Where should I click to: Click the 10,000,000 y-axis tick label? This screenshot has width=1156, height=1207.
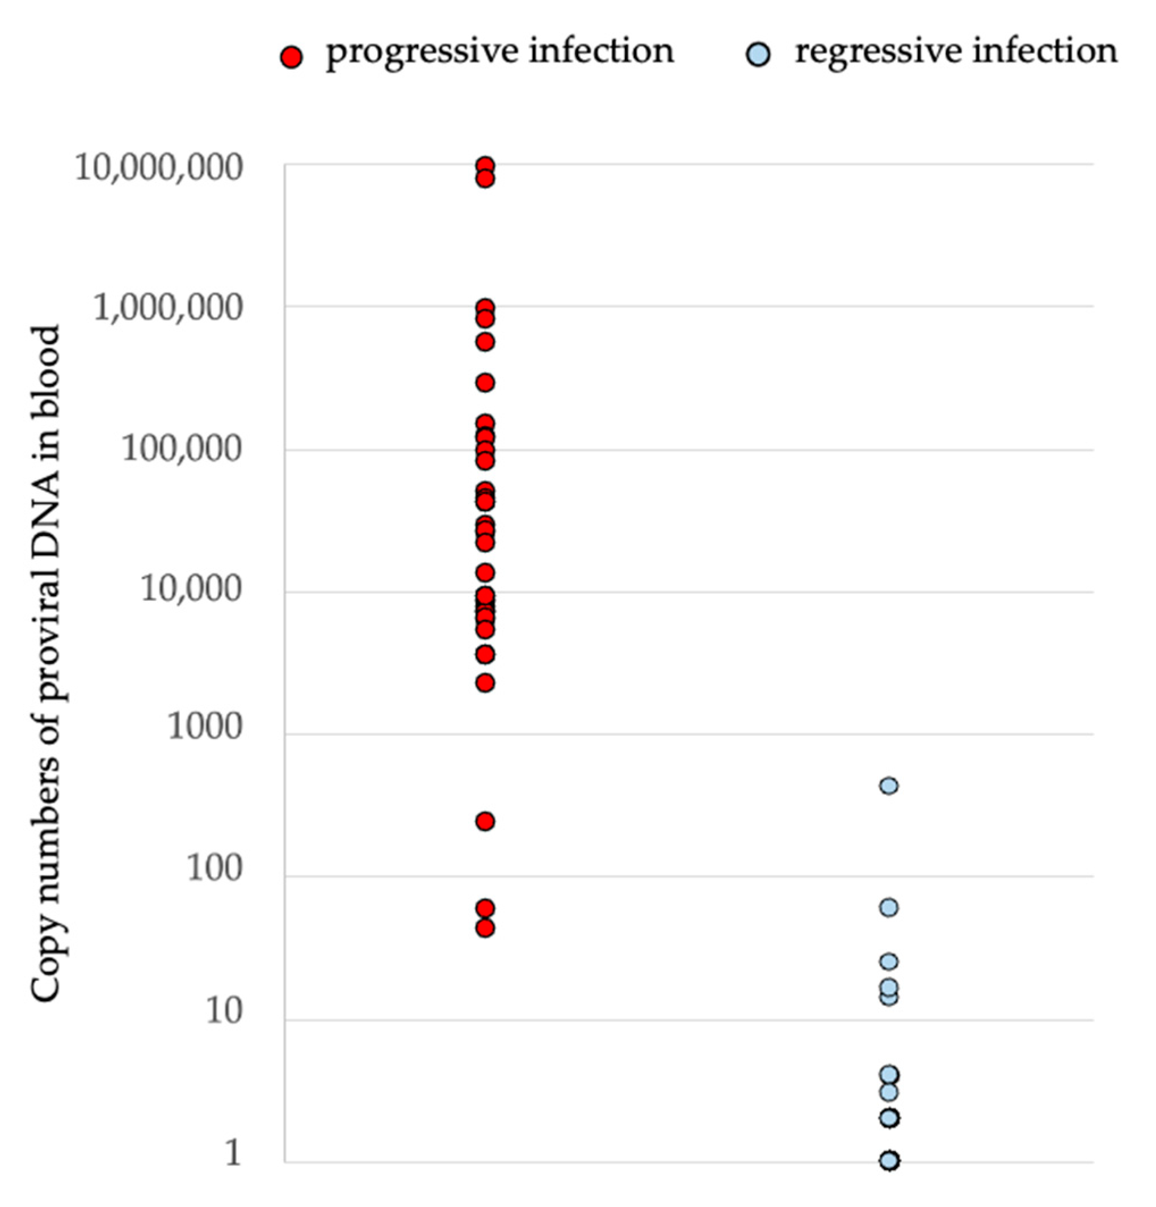click(x=158, y=168)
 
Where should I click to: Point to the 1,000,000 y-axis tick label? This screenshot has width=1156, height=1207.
click(x=167, y=308)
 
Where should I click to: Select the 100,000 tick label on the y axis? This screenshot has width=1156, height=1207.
click(x=182, y=450)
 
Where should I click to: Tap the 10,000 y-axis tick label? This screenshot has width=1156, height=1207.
click(x=191, y=590)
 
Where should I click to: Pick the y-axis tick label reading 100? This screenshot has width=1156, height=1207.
click(x=214, y=869)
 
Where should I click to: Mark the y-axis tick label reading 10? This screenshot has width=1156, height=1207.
click(x=223, y=1012)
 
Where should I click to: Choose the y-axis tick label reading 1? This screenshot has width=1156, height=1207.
click(x=232, y=1154)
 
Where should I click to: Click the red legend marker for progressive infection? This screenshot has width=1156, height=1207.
click(x=291, y=57)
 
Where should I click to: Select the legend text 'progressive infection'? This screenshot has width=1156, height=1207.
click(x=500, y=52)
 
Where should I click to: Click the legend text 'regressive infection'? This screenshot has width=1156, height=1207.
click(x=956, y=52)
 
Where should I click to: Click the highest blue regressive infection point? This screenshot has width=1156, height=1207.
click(x=889, y=786)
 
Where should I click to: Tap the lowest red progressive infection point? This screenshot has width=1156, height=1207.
click(x=485, y=928)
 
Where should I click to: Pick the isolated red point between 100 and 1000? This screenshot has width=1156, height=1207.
click(x=485, y=821)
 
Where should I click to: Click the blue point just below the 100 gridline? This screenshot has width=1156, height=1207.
click(x=889, y=908)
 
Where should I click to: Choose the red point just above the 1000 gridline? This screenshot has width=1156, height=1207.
click(x=485, y=683)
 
